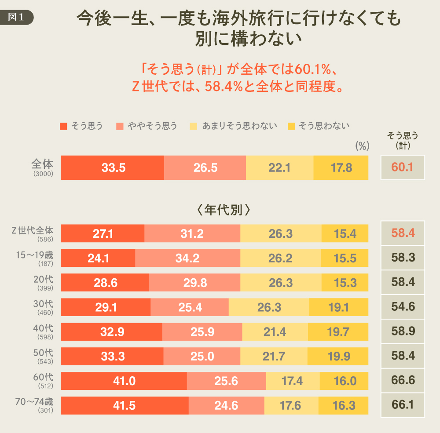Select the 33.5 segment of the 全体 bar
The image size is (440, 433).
112,167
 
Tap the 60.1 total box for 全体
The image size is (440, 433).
403,167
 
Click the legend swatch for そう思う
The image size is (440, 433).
63,126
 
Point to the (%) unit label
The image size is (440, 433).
362,146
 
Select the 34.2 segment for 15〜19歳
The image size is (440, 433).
187,258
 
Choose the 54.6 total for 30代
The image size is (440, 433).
403,307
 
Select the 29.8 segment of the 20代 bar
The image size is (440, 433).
194,283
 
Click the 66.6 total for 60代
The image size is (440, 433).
403,381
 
